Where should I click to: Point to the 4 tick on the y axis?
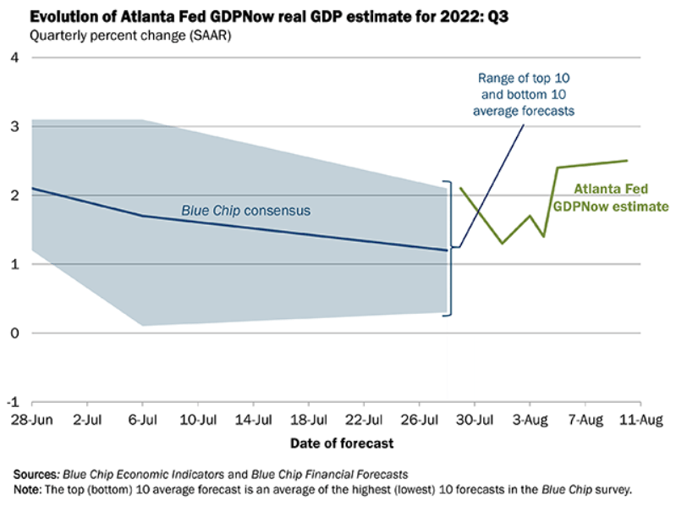pyautogui.click(x=15, y=58)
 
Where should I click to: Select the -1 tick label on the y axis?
pyautogui.click(x=14, y=402)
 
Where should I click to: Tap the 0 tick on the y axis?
pyautogui.click(x=15, y=333)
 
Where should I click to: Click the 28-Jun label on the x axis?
pyautogui.click(x=32, y=421)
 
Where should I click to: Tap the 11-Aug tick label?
pyautogui.click(x=640, y=421)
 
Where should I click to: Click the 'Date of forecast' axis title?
pyautogui.click(x=341, y=443)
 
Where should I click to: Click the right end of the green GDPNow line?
pyautogui.click(x=627, y=160)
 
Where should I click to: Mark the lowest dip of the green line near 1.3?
pyautogui.click(x=503, y=243)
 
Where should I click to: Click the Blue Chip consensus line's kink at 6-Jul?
pyautogui.click(x=142, y=215)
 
